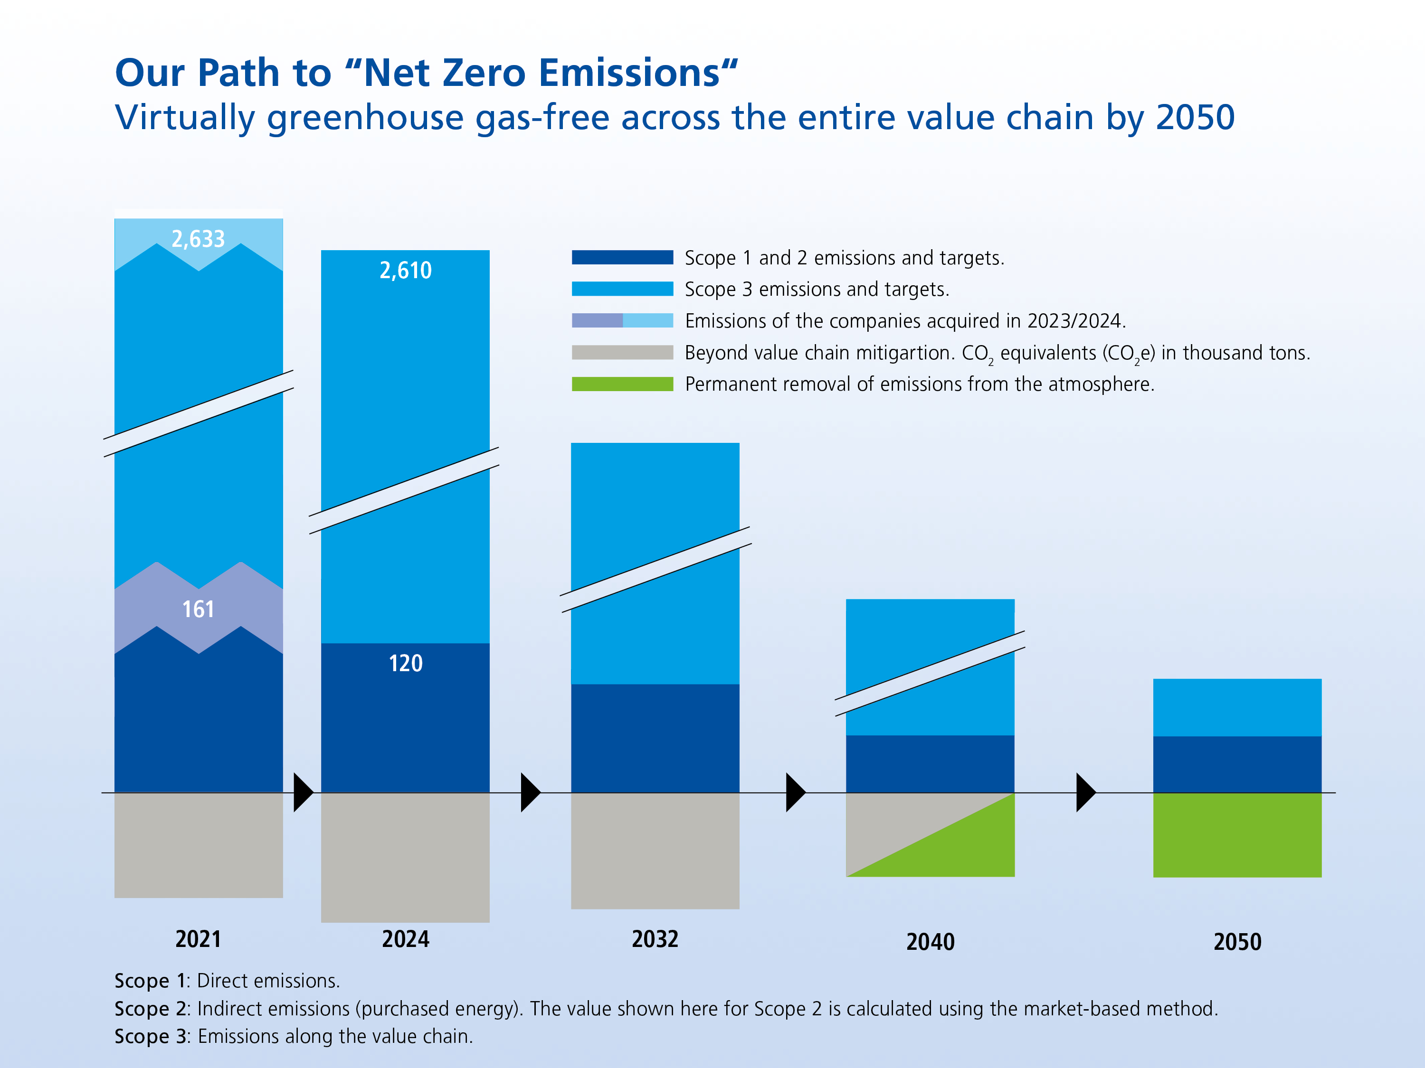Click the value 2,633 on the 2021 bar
point(199,239)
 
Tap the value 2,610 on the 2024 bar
point(405,271)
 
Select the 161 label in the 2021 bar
point(199,609)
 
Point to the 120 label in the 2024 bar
point(405,663)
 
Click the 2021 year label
point(199,939)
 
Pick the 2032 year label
point(655,939)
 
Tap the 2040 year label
point(930,942)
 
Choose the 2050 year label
point(1237,942)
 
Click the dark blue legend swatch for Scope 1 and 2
point(622,257)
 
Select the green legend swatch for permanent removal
point(622,384)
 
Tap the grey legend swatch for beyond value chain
point(622,352)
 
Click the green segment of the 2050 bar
point(1237,835)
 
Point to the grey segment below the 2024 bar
point(405,857)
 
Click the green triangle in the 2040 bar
point(966,850)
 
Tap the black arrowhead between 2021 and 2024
point(302,793)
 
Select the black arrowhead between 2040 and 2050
point(1085,793)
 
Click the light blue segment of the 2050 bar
point(1237,707)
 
